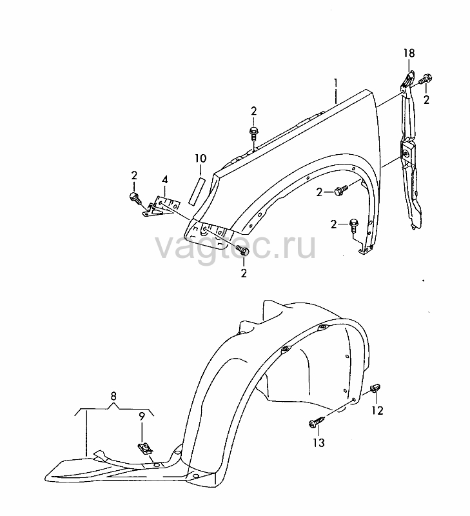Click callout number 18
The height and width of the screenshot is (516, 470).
[x=409, y=54]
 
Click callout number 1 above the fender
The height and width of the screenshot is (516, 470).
[x=335, y=83]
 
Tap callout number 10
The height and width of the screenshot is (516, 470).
[x=201, y=158]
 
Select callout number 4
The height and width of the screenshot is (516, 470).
[x=165, y=180]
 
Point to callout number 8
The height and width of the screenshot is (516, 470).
[x=113, y=396]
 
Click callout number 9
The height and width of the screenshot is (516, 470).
[x=141, y=417]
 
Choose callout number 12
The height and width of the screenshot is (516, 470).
[x=378, y=410]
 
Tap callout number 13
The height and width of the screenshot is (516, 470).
[x=318, y=442]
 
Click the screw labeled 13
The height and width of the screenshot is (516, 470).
[x=317, y=422]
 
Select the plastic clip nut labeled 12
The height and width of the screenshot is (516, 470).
[x=375, y=388]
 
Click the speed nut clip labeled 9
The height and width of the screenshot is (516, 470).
[x=144, y=448]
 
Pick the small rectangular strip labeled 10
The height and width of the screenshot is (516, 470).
[x=197, y=191]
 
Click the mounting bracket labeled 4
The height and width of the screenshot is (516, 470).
[x=161, y=206]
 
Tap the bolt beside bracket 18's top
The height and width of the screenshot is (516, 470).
[x=426, y=79]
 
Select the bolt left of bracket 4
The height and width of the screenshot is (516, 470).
[x=135, y=199]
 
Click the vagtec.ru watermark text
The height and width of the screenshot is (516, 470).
[x=235, y=246]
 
